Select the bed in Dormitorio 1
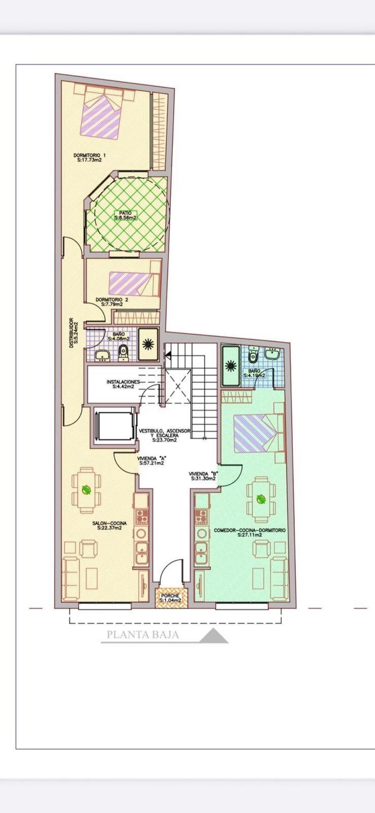[x=100, y=115]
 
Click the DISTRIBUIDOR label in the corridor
[x=72, y=332]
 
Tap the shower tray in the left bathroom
[x=148, y=345]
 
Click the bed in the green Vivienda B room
[x=257, y=433]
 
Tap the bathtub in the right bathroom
[x=230, y=365]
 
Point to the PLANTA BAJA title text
[x=143, y=635]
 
